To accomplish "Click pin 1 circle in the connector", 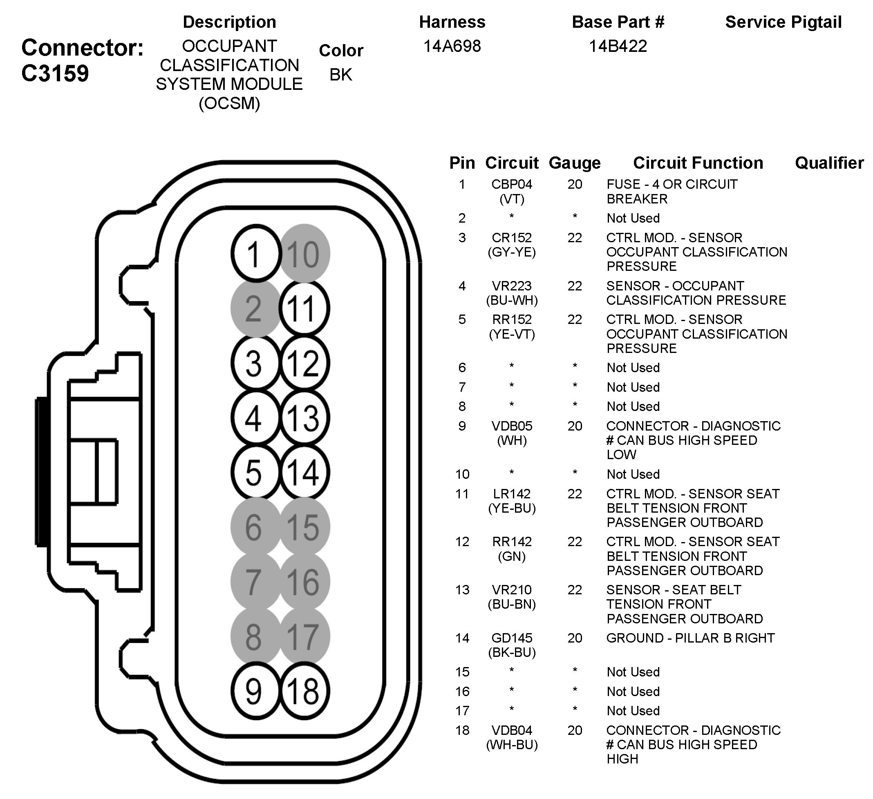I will tap(255, 254).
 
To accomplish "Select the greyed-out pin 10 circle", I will tap(304, 254).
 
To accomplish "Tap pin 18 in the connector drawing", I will tap(304, 691).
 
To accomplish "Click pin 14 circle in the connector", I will tap(304, 472).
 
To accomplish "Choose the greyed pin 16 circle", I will tap(304, 582).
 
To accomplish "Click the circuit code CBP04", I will tap(511, 184).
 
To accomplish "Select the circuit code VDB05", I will tap(511, 426).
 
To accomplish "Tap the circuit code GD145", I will tap(511, 638).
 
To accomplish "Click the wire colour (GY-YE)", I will tap(511, 252).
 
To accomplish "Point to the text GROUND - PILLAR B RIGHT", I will tap(690, 638).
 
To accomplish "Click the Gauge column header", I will tap(575, 163).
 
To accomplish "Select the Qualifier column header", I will tap(829, 163).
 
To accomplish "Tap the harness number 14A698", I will tap(452, 46).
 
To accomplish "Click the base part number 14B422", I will tap(618, 46).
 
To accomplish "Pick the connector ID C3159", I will tap(55, 73).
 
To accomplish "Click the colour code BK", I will tap(341, 75).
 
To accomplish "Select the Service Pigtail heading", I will tap(783, 22).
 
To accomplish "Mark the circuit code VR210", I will tap(511, 590).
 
